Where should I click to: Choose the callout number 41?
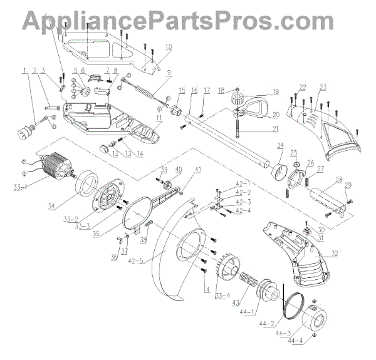coord(198,169)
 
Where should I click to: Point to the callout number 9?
coord(168,72)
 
